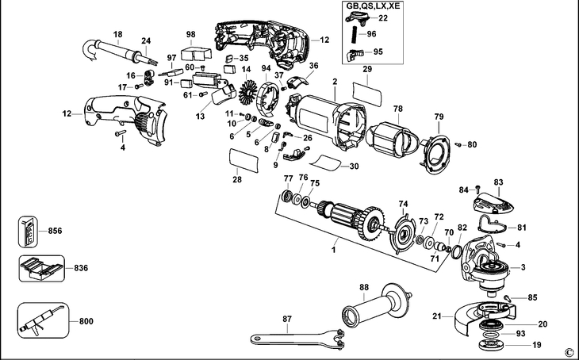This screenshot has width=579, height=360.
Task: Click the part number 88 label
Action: [363, 286]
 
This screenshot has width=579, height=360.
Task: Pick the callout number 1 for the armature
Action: [334, 250]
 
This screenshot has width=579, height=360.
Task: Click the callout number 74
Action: [403, 203]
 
